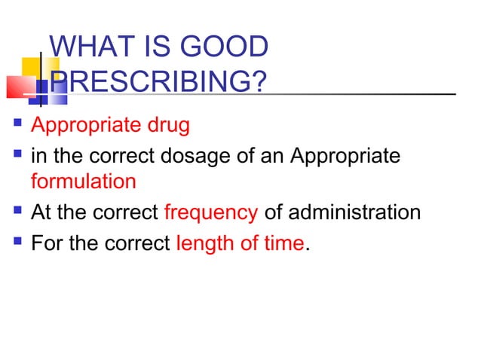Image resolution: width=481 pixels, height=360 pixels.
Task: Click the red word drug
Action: (169, 124)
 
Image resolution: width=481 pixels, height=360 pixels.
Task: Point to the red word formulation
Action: (84, 182)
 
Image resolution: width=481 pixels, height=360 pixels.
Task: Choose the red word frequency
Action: (210, 212)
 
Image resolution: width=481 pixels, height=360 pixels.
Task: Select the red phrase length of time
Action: (240, 245)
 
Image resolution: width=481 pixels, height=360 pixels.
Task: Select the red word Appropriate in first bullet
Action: (83, 124)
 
